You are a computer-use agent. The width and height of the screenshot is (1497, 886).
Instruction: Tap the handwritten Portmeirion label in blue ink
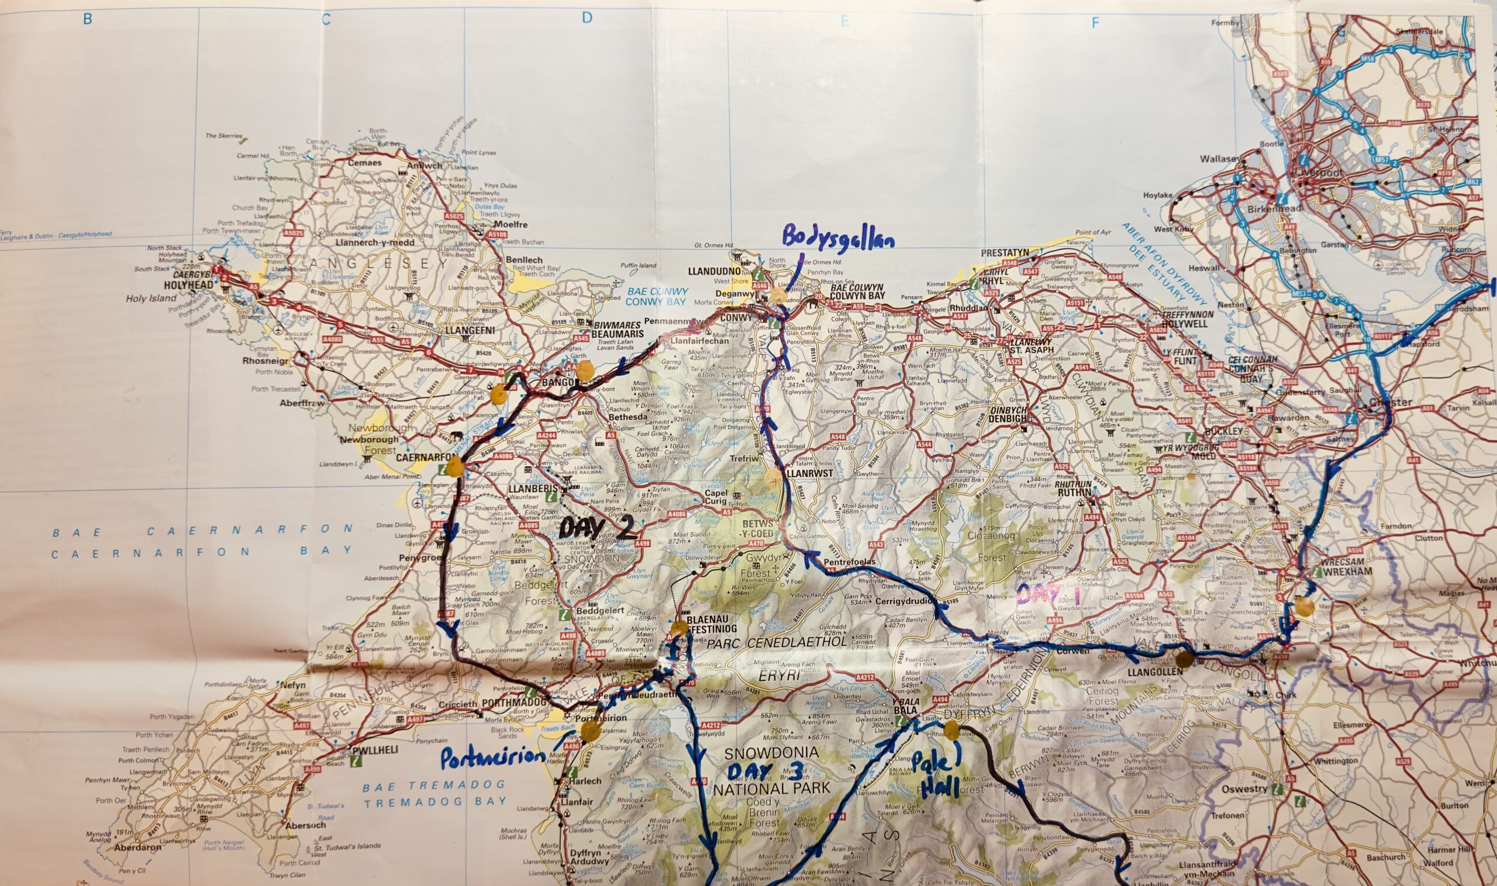point(492,758)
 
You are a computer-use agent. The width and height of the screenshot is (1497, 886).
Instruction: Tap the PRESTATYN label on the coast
point(1006,252)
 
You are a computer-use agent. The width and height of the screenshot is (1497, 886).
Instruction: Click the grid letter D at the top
point(587,18)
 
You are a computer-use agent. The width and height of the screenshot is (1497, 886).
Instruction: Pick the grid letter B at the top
point(87,19)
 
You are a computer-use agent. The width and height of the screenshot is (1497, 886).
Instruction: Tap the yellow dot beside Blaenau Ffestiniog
point(678,628)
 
